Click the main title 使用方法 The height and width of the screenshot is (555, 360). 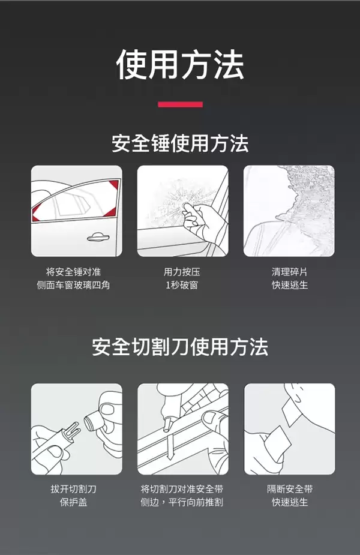tap(180, 65)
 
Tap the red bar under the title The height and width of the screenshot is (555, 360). tap(180, 104)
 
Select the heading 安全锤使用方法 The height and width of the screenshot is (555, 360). tap(180, 144)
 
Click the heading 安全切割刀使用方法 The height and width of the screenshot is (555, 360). tap(180, 347)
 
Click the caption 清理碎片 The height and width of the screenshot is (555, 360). tap(289, 272)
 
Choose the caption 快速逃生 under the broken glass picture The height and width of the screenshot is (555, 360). tap(289, 285)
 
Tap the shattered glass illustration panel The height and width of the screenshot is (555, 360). tap(289, 211)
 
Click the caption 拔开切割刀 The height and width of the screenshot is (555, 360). tap(73, 489)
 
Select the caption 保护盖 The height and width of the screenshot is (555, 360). tap(73, 502)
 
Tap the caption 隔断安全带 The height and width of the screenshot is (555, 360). tap(289, 489)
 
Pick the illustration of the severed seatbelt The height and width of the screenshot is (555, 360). tap(289, 429)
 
